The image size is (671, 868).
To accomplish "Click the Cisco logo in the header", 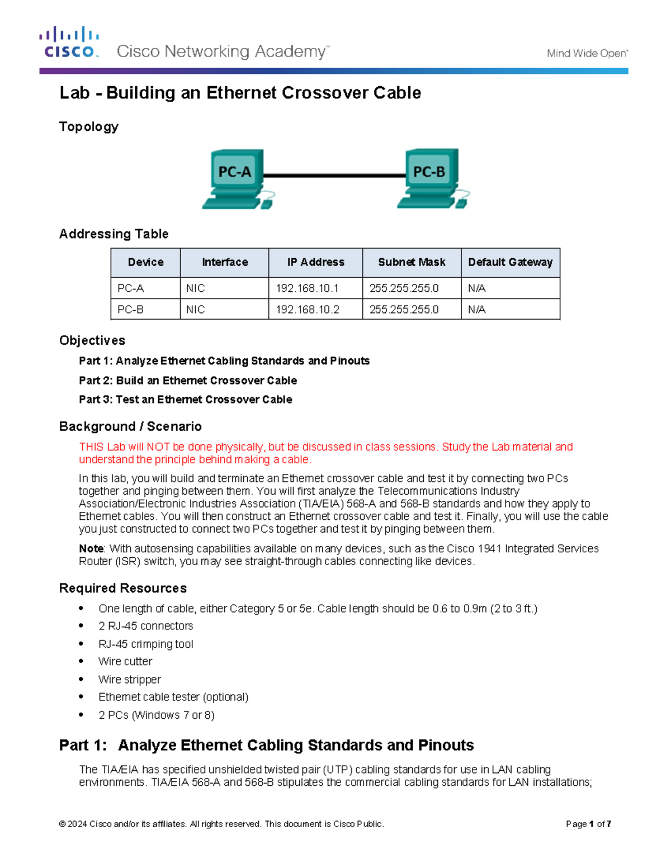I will point(69,42).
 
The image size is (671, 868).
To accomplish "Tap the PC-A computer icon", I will point(237,178).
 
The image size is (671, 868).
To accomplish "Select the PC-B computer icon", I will point(431,178).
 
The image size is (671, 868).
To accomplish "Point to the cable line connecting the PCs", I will point(334,176).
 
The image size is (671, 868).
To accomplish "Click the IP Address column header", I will point(315,262).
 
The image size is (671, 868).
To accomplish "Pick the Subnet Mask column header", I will point(412,262).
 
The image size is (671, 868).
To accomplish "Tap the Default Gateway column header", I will point(510,262).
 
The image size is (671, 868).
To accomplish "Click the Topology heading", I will point(89,127).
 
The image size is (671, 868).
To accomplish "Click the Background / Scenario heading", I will point(130,426).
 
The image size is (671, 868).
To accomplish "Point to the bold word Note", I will point(91,549).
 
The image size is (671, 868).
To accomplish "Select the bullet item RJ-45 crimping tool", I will point(146,644).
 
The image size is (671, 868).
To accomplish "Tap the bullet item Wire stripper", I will point(130,680).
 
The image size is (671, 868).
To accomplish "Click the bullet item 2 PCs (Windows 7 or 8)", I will point(157,715).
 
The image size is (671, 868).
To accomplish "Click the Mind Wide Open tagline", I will point(587,54).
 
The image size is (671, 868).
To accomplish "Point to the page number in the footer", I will point(588,824).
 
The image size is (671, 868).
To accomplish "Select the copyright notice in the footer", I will point(221,824).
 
